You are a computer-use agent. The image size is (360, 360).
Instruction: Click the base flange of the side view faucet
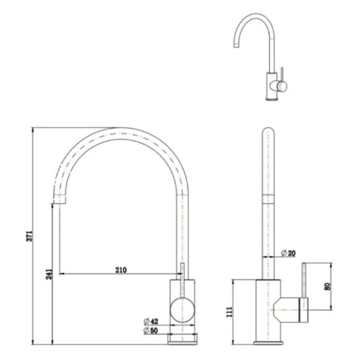click(268, 340)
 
